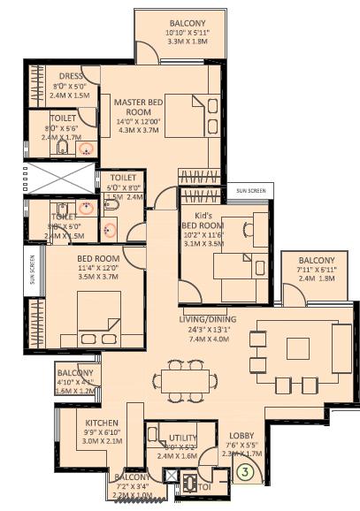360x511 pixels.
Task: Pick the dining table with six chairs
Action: coord(187,381)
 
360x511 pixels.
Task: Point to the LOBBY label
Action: coord(241,436)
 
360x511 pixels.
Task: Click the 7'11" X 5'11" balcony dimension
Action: coord(316,270)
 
